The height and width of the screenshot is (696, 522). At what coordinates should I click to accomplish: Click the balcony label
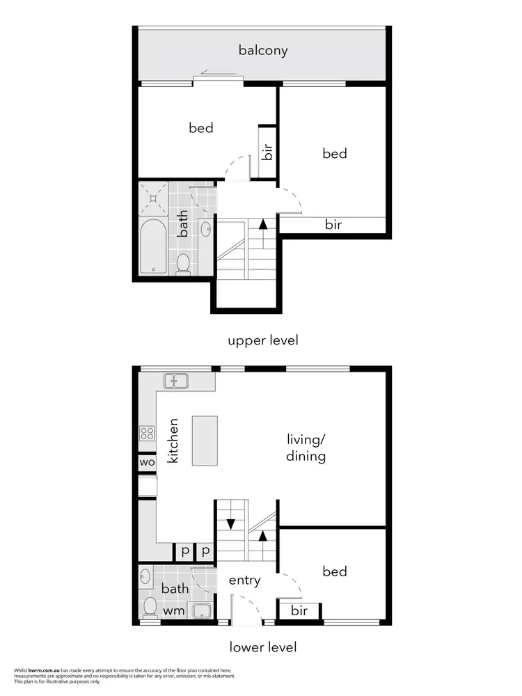263,50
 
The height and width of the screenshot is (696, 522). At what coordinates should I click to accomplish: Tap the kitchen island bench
205,441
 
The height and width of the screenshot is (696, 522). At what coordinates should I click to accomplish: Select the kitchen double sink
176,381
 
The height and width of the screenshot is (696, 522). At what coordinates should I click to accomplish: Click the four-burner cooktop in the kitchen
148,434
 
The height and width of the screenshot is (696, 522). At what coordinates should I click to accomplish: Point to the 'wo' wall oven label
147,462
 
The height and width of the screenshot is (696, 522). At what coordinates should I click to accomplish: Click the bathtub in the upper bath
152,246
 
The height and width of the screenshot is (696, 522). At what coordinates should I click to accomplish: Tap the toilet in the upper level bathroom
184,262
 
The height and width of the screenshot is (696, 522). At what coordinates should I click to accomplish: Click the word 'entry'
244,580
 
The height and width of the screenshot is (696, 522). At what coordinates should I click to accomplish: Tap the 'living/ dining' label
306,448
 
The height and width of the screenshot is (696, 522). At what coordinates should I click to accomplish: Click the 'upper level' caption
263,340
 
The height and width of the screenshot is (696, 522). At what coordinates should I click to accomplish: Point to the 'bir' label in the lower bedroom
299,611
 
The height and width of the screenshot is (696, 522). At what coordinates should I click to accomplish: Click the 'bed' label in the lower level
335,571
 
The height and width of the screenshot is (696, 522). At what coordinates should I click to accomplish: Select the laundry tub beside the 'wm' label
203,611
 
